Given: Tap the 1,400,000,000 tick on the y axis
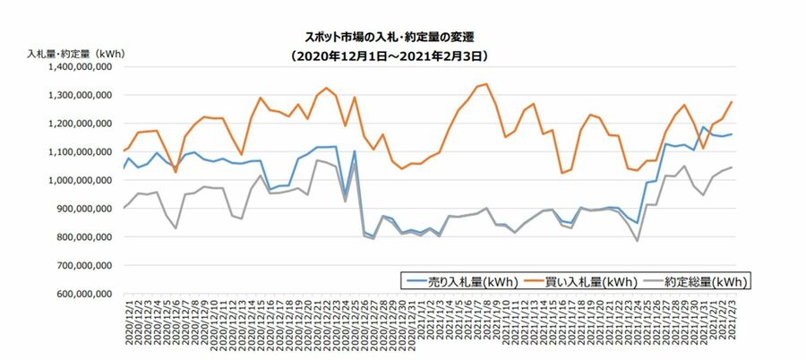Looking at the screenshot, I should [x=80, y=66].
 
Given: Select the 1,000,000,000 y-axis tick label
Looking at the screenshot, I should [x=80, y=180].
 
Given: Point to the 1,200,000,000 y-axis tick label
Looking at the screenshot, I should [x=80, y=124].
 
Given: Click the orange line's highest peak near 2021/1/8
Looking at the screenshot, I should [x=486, y=84].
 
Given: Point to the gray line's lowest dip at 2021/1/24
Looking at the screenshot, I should [x=637, y=241].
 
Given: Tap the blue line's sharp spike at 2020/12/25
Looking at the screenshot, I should [x=355, y=151].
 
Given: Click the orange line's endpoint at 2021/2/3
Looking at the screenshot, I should [x=732, y=101].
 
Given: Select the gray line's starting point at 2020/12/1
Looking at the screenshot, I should [x=123, y=208].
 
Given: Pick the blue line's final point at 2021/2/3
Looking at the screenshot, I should [x=732, y=134].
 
